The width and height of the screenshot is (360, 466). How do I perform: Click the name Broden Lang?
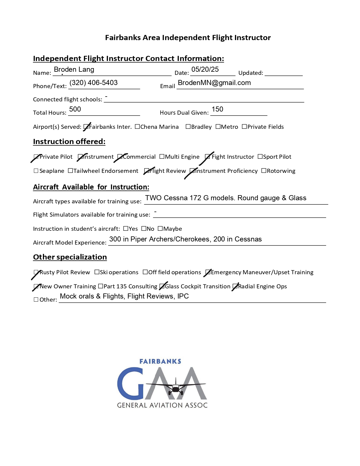[74, 69]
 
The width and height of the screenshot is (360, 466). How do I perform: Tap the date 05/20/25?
[205, 69]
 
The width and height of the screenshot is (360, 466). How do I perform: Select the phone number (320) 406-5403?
[93, 83]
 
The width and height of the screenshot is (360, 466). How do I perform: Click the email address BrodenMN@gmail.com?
[214, 83]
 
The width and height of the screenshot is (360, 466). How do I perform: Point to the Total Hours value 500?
[75, 109]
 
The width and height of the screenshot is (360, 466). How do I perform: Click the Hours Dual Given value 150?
[217, 109]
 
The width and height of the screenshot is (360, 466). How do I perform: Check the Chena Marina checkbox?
[137, 127]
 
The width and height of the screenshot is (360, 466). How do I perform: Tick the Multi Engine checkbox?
[162, 156]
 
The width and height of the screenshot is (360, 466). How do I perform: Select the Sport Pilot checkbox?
[260, 156]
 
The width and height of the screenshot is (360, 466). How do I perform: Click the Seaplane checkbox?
[36, 171]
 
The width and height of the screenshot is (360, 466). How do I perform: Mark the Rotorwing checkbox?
[264, 171]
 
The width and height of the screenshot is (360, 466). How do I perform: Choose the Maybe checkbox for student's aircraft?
[160, 228]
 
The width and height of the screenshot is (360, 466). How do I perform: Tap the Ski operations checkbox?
[97, 272]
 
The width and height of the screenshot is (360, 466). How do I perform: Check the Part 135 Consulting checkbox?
[101, 286]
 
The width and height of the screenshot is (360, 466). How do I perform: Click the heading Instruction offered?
[69, 141]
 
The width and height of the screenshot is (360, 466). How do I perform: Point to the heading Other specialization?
[70, 257]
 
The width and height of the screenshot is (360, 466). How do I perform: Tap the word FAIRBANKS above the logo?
[160, 362]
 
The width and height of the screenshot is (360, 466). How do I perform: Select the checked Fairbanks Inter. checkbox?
[86, 127]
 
